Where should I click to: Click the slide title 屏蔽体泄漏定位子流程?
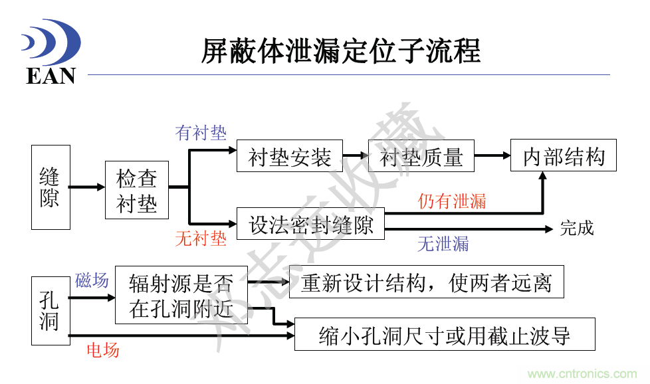click(x=340, y=51)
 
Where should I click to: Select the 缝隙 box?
click(x=51, y=187)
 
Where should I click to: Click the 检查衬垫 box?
click(x=137, y=190)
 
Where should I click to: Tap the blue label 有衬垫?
click(x=201, y=133)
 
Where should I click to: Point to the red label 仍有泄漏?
click(x=451, y=201)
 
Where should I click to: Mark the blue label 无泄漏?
click(x=443, y=244)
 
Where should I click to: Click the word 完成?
click(x=576, y=229)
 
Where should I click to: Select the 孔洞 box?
click(x=51, y=310)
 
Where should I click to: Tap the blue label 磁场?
click(x=92, y=280)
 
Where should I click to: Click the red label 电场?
click(x=103, y=349)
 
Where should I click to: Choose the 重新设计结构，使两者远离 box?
click(x=426, y=282)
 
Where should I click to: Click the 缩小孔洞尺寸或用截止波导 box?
click(x=444, y=335)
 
